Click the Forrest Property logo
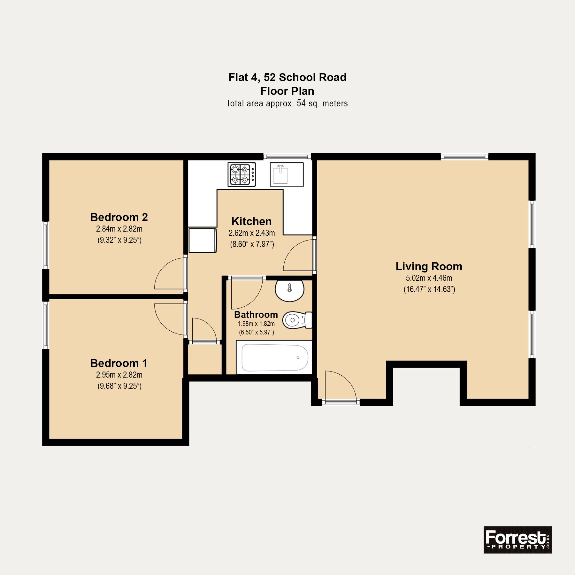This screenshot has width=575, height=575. point(517,540)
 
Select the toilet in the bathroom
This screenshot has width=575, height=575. point(297,320)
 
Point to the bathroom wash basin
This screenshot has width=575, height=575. point(289,290)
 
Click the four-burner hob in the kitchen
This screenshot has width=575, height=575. point(242,174)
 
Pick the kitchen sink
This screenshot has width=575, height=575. point(287,174)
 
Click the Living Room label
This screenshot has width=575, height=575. point(429,266)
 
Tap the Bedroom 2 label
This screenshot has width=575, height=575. point(119,217)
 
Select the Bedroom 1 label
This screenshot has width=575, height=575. point(119,363)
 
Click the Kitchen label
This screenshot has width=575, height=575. point(251,221)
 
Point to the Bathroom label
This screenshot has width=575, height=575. point(256,315)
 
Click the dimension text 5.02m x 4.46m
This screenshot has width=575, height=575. point(429,278)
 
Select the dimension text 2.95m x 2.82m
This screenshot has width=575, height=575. point(119,375)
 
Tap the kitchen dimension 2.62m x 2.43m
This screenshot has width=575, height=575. point(252,233)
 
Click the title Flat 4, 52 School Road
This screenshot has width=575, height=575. point(287,77)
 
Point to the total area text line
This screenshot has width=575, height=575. point(287,103)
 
